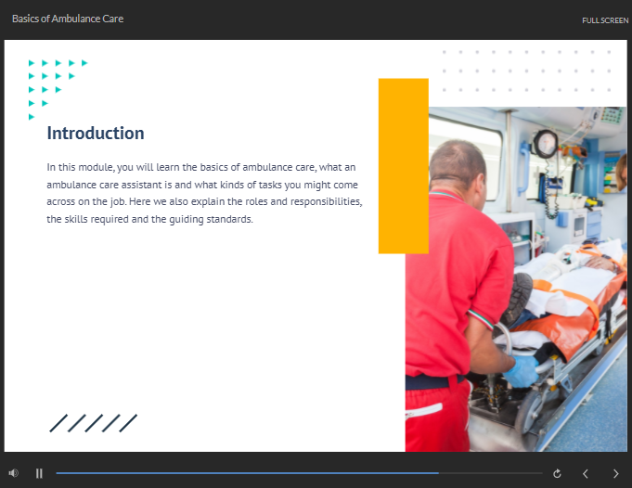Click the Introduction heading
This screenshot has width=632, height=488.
tap(96, 134)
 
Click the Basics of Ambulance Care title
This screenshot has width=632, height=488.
tap(68, 19)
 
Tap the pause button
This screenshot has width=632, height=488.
tap(39, 473)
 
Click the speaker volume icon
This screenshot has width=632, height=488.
tap(14, 473)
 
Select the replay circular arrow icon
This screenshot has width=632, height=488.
tap(557, 473)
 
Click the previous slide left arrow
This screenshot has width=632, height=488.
tap(586, 474)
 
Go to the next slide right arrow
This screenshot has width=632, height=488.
tap(615, 474)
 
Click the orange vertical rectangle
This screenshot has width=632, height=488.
tap(403, 166)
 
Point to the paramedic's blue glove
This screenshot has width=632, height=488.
tap(522, 370)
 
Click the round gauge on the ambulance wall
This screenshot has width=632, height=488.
tap(546, 144)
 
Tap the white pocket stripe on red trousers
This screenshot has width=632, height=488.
tap(423, 411)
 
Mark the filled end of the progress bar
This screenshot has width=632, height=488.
tap(439, 473)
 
